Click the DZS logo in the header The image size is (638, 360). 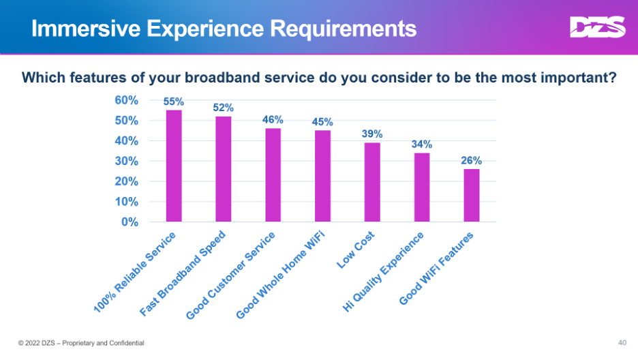coord(597,28)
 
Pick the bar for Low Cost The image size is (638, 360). coord(372,182)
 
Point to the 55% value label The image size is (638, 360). coord(174,102)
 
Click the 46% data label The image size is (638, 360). coord(273,119)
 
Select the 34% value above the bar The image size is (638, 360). coord(421,144)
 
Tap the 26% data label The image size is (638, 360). coord(471,161)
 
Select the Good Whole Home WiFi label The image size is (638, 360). coord(280,275)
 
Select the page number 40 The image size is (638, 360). coord(622,342)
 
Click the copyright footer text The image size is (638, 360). coord(81,342)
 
